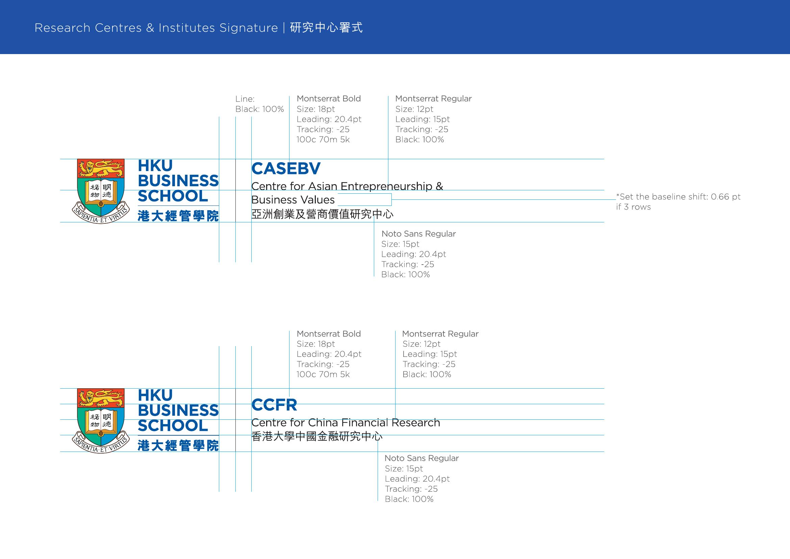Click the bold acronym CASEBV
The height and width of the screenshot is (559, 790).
point(286,168)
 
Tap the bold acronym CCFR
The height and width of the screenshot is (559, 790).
point(274,405)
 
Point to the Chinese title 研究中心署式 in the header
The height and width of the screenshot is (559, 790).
point(326,27)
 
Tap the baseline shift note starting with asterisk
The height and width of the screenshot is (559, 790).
point(678,202)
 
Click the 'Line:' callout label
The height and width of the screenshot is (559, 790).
point(245,99)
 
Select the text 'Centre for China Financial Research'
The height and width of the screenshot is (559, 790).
point(346,422)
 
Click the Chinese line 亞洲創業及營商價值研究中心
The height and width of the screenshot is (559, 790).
point(323,214)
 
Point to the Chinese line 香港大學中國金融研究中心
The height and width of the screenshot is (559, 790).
point(317,436)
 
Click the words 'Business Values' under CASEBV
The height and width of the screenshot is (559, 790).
point(293,200)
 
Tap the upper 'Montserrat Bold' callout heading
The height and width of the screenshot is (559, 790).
point(329,98)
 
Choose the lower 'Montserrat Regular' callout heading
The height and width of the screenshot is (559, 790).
point(440,334)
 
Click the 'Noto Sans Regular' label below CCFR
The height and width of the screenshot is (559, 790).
point(422,458)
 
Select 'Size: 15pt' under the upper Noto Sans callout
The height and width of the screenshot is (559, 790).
point(400,244)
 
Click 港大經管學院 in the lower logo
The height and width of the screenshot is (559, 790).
point(178,446)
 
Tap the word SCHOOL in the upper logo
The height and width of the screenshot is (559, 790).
point(173,196)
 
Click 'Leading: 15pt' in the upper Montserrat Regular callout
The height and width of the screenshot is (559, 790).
point(423,119)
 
